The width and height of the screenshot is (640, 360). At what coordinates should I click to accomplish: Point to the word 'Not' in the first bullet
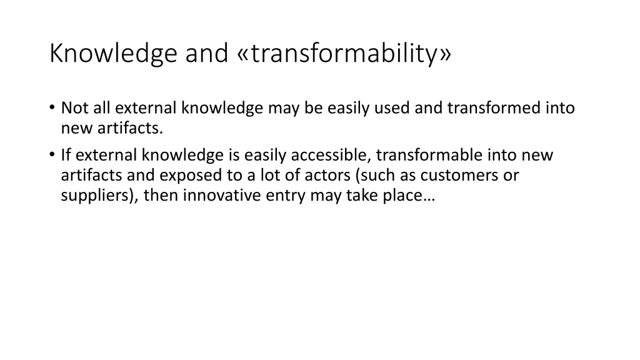point(74,109)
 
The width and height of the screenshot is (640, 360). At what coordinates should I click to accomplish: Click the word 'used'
point(394,109)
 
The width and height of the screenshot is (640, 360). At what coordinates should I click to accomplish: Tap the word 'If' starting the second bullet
point(66,155)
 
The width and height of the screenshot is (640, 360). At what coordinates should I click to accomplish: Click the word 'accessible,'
point(331,155)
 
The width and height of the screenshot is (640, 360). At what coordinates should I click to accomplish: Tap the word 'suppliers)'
point(100,196)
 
